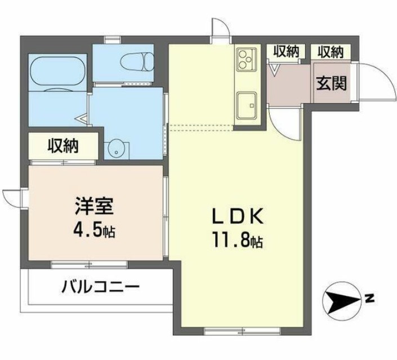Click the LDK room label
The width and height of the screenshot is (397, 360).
point(237,216)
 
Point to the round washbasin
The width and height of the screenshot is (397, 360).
point(117,149)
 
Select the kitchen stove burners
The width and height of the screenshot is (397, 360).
point(246,58)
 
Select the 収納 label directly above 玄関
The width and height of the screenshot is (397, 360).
point(330,52)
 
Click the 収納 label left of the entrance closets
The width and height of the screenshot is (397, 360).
point(287,52)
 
